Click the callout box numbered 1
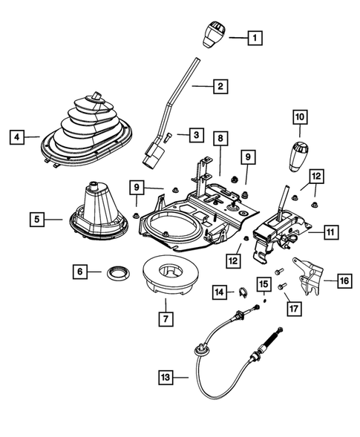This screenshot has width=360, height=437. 255,36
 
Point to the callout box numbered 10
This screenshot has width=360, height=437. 299,117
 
